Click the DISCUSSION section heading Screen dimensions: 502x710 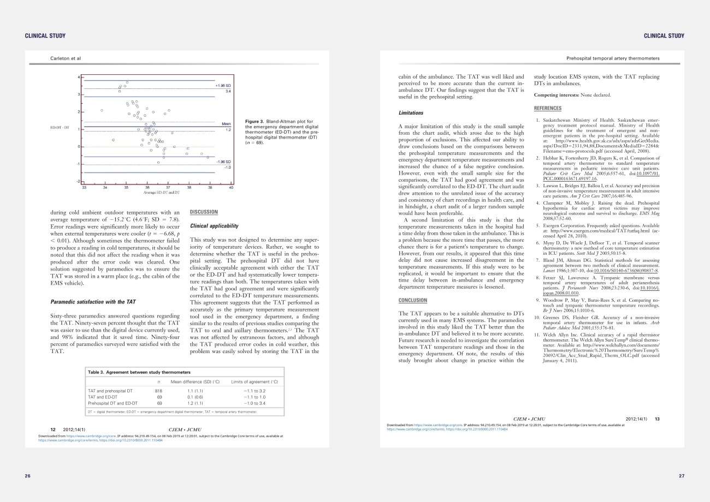(x=204, y=212)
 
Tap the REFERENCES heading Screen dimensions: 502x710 (x=548, y=108)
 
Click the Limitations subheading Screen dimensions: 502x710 (x=411, y=113)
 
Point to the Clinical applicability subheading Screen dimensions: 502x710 (x=214, y=226)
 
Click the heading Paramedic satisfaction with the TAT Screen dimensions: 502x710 (x=93, y=301)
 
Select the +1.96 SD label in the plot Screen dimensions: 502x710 (x=223, y=86)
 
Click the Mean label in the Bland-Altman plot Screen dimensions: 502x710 (x=227, y=124)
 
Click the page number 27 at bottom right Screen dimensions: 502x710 (x=681, y=476)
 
